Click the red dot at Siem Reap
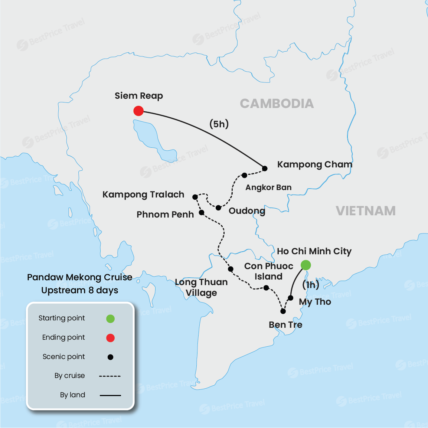pos(138,111)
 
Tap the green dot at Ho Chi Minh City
pos(306,265)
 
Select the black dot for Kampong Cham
pos(265,169)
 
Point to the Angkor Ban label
pos(268,187)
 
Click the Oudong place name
pos(247,211)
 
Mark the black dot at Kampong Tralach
pos(195,197)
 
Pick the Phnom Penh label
pos(165,215)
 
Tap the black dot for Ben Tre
pos(283,311)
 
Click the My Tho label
pos(315,302)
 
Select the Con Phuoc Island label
pos(268,271)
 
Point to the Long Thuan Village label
pos(201,287)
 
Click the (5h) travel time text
pos(219,124)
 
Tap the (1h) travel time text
pos(311,285)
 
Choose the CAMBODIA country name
pos(277,104)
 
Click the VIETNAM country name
pos(366,211)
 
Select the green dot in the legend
pos(110,318)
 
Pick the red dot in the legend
pos(110,338)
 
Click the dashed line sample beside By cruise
pos(110,376)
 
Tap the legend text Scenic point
pos(64,357)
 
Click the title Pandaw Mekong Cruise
pos(79,277)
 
